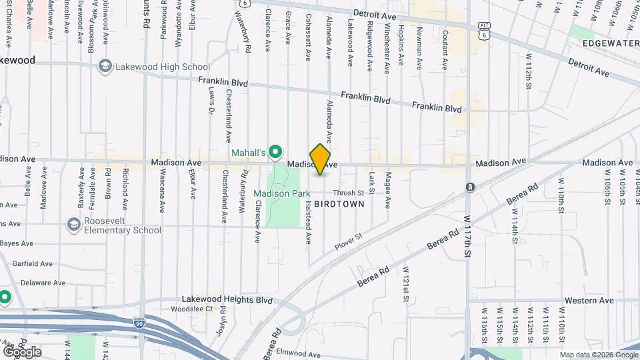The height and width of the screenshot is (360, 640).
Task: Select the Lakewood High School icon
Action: coord(105,67)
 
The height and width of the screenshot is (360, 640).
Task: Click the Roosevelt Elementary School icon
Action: coord(73,225)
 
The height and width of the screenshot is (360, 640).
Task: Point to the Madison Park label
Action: coord(281,193)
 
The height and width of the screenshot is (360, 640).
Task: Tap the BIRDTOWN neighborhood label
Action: coord(339,204)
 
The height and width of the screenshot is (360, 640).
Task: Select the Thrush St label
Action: coord(349,193)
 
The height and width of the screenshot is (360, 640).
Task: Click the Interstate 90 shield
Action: coord(139,323)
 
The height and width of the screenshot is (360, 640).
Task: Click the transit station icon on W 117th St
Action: coord(470,187)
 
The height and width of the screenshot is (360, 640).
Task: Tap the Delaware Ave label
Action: coord(43,283)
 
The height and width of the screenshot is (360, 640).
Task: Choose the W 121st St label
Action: coord(405,283)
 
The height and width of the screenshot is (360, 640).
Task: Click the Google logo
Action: coord(22,351)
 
